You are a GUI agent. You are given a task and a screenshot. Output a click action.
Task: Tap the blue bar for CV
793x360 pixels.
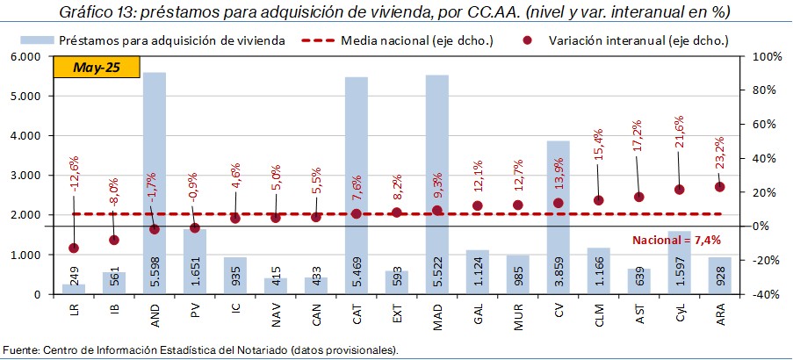click(x=559, y=193)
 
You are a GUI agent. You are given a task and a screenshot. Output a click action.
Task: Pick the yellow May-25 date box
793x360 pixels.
click(x=97, y=67)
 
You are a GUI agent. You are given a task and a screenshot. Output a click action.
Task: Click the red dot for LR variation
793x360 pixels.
click(x=74, y=248)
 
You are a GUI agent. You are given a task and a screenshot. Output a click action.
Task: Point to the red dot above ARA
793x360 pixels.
click(x=720, y=186)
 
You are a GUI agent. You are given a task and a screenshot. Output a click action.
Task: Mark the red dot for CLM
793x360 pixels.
click(x=599, y=200)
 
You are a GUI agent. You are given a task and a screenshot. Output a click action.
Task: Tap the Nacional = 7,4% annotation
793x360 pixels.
click(x=677, y=240)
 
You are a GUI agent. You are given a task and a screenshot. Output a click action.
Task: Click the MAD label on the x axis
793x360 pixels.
click(x=438, y=313)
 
